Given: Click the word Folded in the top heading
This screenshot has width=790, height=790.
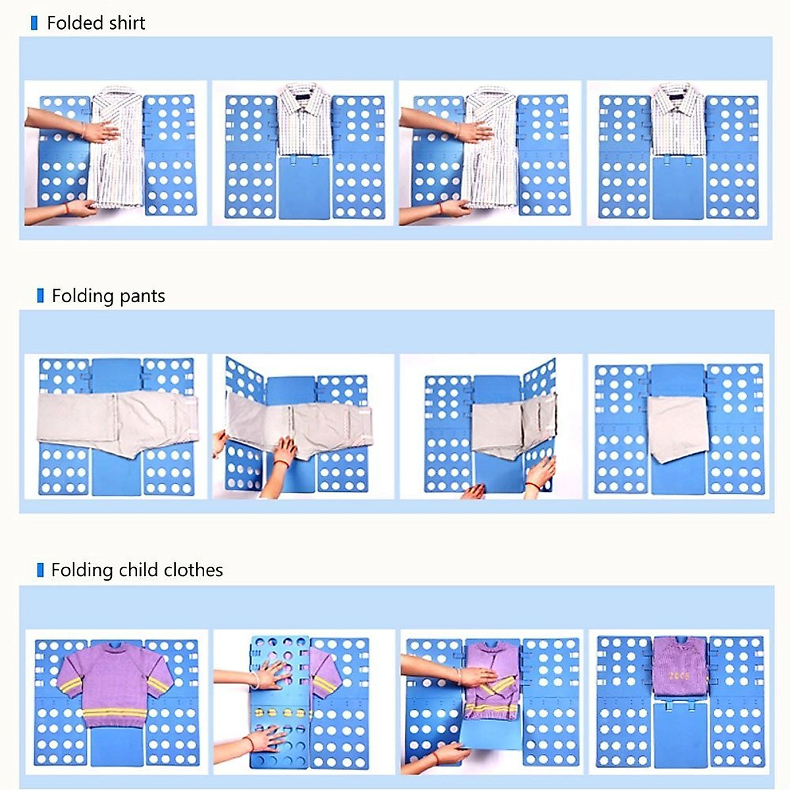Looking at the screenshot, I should tap(72, 23).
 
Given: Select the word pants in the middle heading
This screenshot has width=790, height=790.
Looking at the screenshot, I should tap(141, 297).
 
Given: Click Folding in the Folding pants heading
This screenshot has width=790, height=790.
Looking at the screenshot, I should tap(83, 296).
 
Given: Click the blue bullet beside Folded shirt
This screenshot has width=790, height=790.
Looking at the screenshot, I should tap(34, 24).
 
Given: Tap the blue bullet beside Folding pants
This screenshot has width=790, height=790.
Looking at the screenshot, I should tap(40, 296).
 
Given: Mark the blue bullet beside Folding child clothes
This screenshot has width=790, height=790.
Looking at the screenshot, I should tap(40, 570).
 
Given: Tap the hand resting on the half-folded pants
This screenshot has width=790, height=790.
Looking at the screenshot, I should tap(285, 452).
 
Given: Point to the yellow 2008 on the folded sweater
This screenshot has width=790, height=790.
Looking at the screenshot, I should tap(679, 676).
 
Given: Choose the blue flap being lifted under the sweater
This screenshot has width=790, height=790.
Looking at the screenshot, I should tap(490, 734).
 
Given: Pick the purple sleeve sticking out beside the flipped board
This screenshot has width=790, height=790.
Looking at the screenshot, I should tap(325, 671).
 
